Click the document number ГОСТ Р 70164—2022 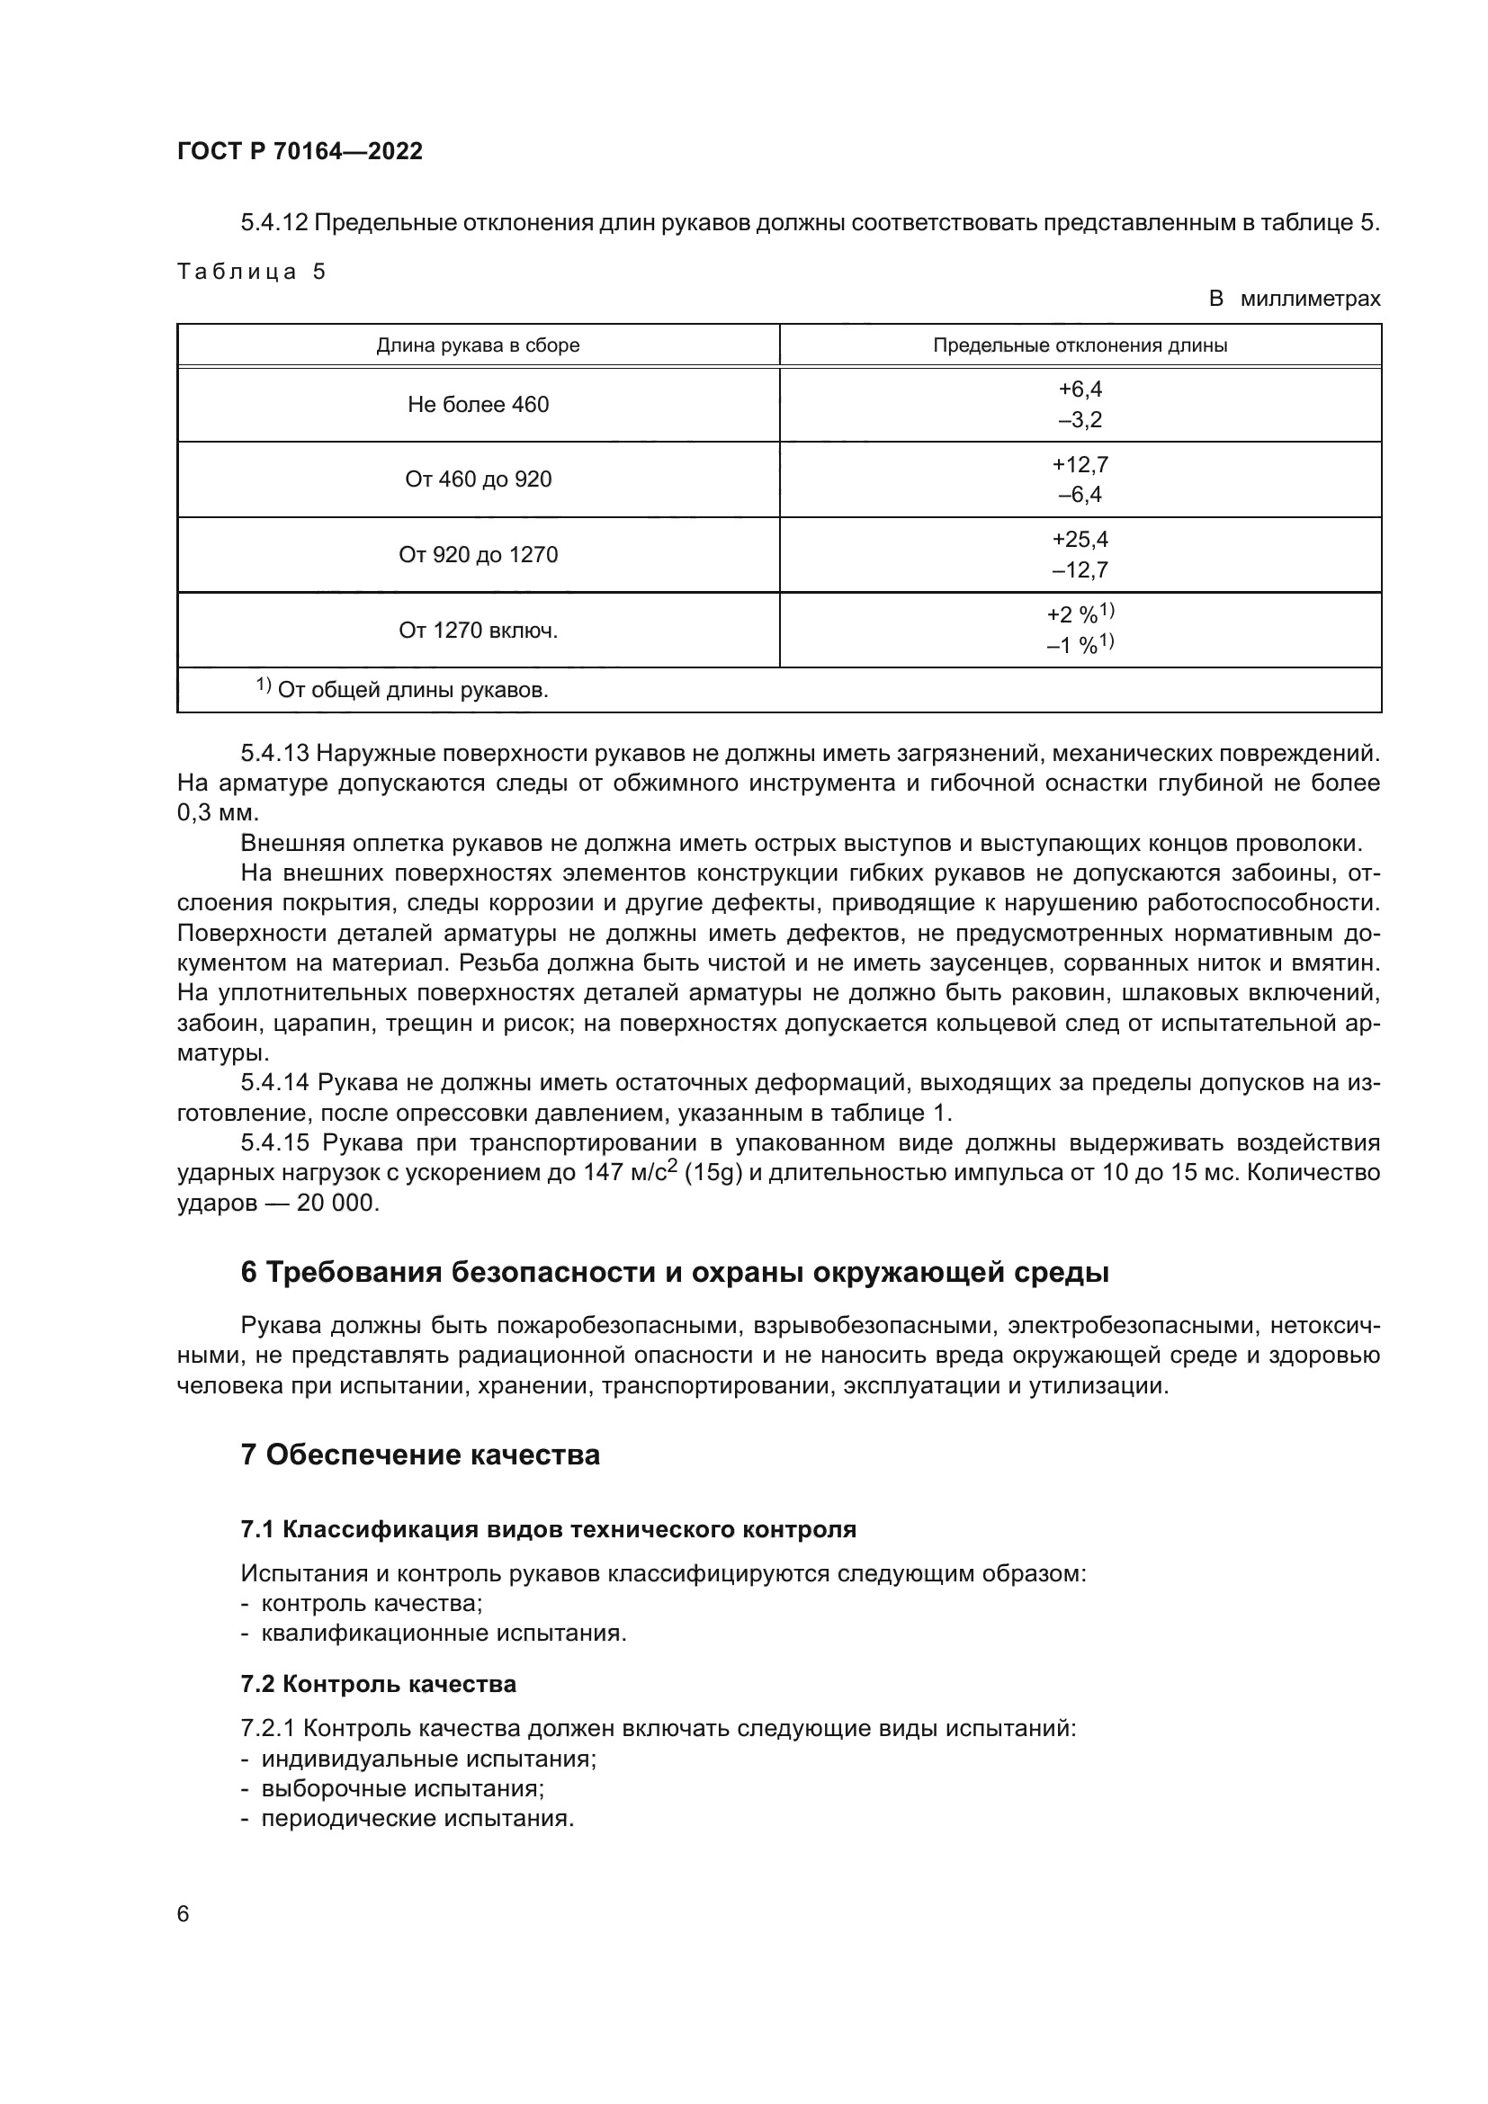(x=300, y=151)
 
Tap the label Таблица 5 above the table (x=251, y=272)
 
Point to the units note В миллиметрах (x=1294, y=299)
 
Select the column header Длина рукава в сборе (x=478, y=345)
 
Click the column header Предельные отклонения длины (x=1080, y=345)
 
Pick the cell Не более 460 (x=478, y=404)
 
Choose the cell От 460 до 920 (x=478, y=479)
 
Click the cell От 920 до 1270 (x=478, y=554)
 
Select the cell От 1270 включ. (x=478, y=631)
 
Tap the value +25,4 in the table (x=1080, y=539)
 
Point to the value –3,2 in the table (x=1080, y=421)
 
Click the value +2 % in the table (x=1074, y=615)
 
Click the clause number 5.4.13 (x=274, y=753)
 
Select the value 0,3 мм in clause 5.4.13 (x=218, y=813)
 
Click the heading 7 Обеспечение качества (x=419, y=1455)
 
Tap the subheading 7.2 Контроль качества (x=378, y=1684)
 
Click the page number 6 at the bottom (x=184, y=1914)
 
